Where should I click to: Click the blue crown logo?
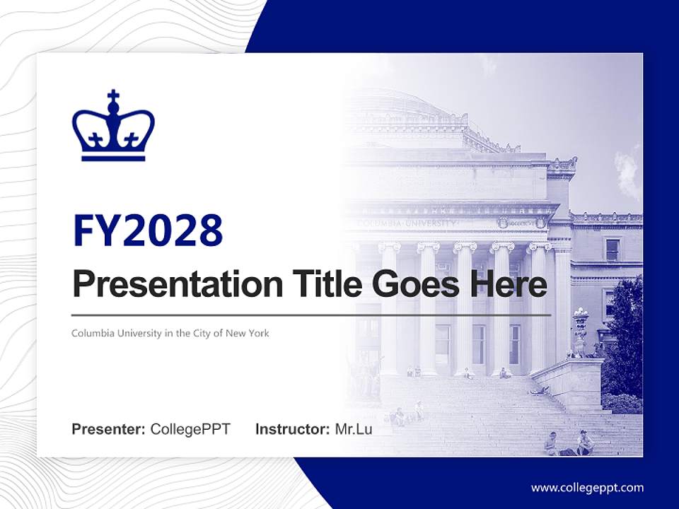[113, 127]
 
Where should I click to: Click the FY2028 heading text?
[147, 230]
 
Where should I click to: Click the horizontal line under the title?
[311, 315]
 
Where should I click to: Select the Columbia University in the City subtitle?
[170, 333]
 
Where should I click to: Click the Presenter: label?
[108, 429]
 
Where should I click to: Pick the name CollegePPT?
[190, 429]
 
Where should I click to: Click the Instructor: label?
[292, 429]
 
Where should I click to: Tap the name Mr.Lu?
[353, 429]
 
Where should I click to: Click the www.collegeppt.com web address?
[587, 487]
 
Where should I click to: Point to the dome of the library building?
[410, 106]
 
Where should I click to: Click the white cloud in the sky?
[628, 170]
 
